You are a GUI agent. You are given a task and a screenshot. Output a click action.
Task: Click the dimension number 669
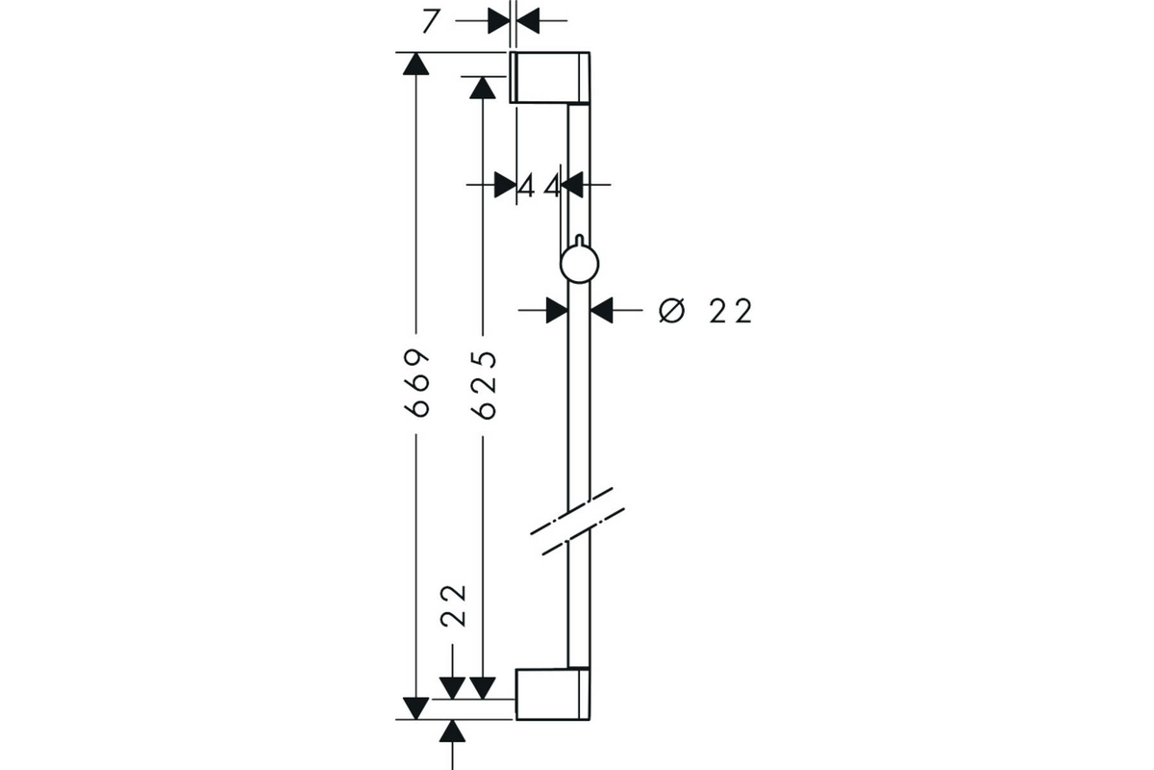416,383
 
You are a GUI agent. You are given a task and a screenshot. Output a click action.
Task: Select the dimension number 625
483,385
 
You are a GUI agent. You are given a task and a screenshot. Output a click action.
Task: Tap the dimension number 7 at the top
431,22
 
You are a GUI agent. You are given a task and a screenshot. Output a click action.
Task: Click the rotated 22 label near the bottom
453,605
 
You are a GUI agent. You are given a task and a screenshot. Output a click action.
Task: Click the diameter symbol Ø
672,311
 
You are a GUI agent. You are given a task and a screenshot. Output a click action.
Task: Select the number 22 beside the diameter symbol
731,312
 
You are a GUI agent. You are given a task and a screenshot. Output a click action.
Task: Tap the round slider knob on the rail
580,264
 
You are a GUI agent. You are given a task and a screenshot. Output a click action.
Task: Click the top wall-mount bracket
550,77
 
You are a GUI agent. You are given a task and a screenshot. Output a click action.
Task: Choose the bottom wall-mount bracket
553,694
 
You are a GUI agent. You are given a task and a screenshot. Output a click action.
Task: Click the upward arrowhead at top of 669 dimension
415,64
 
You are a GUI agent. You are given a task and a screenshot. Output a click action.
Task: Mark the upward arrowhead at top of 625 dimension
483,88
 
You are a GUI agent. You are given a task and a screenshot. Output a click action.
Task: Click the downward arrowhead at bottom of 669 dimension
415,708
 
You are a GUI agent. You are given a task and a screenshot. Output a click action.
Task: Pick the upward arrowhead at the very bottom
452,731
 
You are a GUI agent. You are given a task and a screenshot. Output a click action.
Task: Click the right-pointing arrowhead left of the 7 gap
499,21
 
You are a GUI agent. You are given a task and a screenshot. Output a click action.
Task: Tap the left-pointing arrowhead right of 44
572,185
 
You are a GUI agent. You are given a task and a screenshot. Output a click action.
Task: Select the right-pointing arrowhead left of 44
506,185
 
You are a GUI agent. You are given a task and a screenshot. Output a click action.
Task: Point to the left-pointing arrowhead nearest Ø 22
602,310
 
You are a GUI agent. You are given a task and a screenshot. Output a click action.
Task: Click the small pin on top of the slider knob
580,240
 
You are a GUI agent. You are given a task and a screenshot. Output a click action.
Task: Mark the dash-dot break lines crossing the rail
578,522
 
